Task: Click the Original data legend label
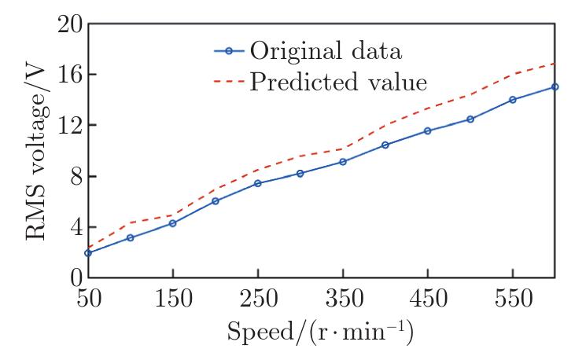pos(326,52)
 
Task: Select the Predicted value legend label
pos(339,82)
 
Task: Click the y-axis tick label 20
pos(68,24)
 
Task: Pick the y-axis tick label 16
pos(68,75)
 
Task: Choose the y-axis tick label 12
pos(68,125)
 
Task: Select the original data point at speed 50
pos(88,253)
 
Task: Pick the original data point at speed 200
pos(216,200)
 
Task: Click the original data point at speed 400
pos(385,145)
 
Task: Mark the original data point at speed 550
pos(513,100)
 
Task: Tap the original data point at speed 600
pos(555,86)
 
